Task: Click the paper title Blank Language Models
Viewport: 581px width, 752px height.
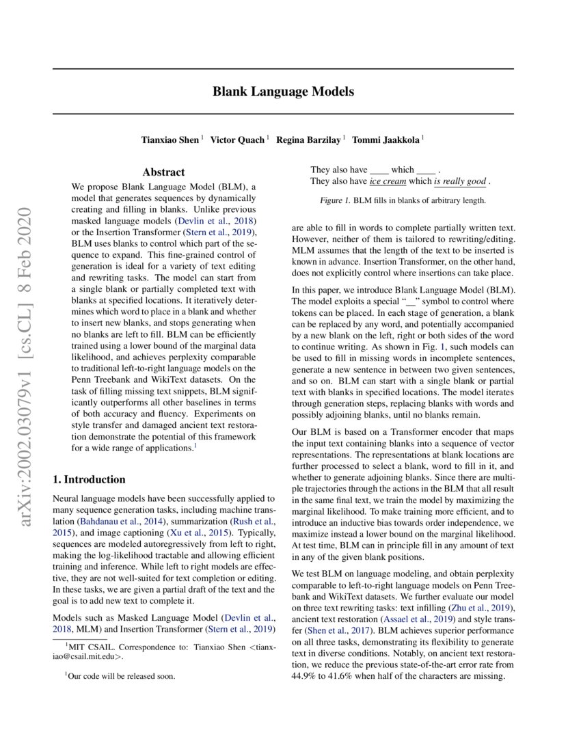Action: point(283,91)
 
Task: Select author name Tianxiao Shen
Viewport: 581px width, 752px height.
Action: point(170,140)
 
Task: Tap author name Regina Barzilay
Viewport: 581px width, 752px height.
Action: point(309,140)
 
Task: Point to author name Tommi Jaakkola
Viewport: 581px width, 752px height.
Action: point(386,140)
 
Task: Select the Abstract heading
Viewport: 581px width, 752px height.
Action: point(163,172)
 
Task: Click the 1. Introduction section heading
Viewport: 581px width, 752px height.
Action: point(89,479)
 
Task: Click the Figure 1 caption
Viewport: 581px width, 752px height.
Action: point(403,201)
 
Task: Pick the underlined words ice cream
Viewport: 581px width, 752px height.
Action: point(388,182)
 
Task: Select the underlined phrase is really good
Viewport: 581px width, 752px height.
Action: point(459,182)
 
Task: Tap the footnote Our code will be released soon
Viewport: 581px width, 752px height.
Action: point(122,676)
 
